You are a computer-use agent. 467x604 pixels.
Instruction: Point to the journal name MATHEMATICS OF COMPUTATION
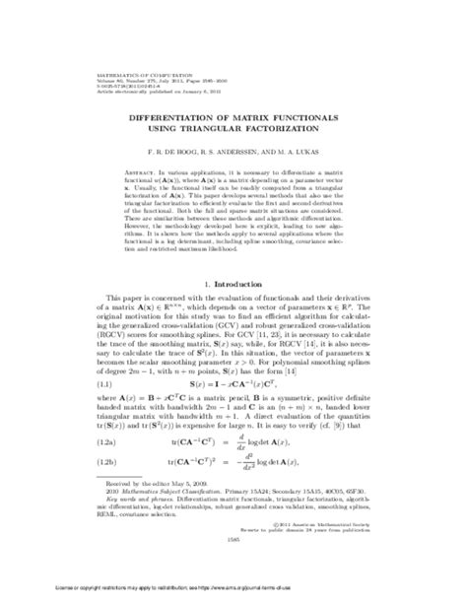pyautogui.click(x=93, y=40)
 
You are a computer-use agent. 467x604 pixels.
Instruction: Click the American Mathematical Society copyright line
pyautogui.click(x=340, y=552)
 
